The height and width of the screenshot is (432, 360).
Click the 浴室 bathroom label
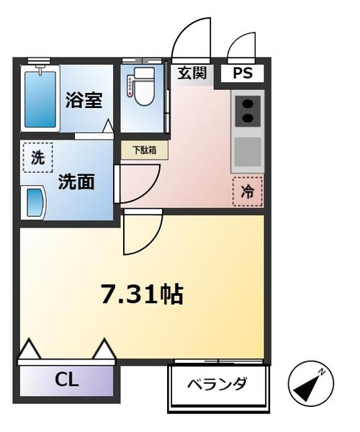tap(84, 99)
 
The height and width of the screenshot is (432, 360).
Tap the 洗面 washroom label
tap(76, 181)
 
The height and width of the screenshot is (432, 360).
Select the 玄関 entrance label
tap(192, 73)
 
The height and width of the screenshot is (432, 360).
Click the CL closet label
tap(67, 380)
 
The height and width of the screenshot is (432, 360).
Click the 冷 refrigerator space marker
tap(247, 192)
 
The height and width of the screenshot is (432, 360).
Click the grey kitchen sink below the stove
tap(247, 151)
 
